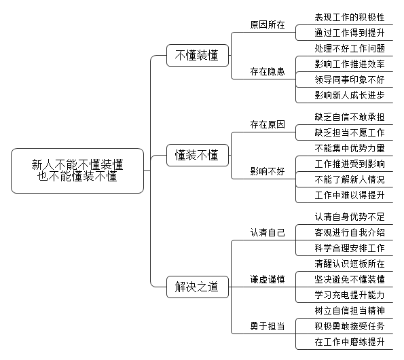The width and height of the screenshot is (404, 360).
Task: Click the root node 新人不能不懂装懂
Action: tap(77, 170)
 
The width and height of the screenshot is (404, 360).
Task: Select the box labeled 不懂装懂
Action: tap(198, 56)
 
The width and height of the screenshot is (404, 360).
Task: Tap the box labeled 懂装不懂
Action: tap(198, 155)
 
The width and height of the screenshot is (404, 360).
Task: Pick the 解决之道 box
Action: tap(198, 287)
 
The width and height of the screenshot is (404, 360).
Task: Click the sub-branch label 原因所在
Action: tap(268, 24)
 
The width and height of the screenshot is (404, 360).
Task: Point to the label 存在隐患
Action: tap(268, 71)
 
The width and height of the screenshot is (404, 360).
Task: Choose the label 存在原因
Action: tap(268, 125)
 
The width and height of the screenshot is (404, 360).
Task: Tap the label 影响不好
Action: tap(268, 171)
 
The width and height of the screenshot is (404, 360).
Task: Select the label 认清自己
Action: tap(268, 233)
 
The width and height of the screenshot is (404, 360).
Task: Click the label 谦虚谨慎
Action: tap(268, 279)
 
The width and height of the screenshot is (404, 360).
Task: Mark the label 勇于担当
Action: tap(268, 326)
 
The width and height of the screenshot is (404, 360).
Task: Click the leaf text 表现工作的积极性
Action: tap(350, 17)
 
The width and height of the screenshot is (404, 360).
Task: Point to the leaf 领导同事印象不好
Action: tap(350, 79)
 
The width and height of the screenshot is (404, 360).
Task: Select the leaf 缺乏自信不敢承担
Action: tap(350, 118)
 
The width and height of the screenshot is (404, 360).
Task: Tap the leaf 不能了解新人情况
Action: tap(350, 179)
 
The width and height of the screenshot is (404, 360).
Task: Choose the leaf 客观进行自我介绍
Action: tap(350, 233)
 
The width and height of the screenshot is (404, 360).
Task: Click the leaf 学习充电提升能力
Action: tap(350, 295)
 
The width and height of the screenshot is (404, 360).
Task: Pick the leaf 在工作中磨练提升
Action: tap(350, 342)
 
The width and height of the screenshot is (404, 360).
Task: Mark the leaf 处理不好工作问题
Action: tap(350, 48)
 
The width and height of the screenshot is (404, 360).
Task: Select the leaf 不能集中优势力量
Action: tap(350, 149)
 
